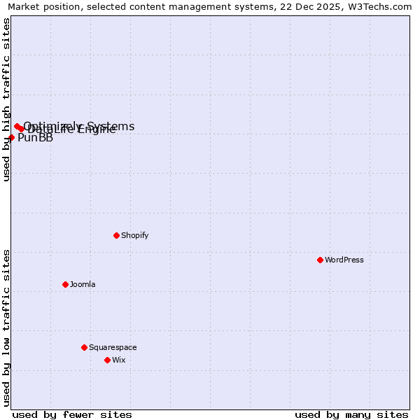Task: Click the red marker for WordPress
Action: [320, 260]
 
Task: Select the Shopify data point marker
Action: [116, 235]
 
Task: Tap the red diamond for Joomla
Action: [65, 284]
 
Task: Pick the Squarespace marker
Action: [84, 347]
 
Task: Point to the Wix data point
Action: [107, 360]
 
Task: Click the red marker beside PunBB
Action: [11, 137]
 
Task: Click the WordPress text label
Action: [344, 260]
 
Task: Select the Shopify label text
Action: [135, 235]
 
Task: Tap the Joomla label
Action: [83, 284]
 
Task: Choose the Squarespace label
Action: [113, 347]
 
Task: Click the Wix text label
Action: [119, 360]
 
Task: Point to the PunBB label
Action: [35, 138]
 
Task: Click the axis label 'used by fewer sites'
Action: [72, 414]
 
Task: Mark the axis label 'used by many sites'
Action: [351, 414]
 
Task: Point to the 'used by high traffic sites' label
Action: [6, 99]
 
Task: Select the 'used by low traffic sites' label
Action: [6, 328]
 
